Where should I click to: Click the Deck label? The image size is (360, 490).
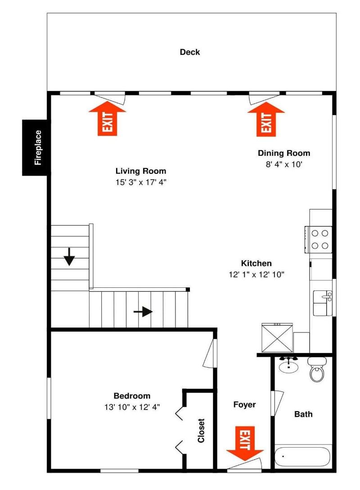coord(189,52)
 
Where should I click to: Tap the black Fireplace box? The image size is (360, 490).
coord(36,148)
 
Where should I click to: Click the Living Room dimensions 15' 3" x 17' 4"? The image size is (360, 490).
coord(141,182)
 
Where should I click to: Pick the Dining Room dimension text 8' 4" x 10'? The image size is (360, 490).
coord(284,164)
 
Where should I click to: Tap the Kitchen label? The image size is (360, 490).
coord(256,263)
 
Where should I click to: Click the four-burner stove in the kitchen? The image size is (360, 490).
coord(319,240)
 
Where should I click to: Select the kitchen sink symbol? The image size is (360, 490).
coord(323,303)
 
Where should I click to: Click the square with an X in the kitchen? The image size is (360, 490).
coord(277,338)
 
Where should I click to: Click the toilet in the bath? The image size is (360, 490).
coord(317,370)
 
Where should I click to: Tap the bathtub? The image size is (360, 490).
coord(302,457)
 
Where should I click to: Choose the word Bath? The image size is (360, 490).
coord(303,414)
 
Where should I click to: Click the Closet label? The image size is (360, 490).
coord(201,431)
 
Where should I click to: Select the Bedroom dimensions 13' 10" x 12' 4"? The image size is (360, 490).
coord(132,407)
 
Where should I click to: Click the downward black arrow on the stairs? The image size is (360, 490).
coord(69,257)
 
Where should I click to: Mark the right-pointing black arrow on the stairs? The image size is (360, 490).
coord(143,312)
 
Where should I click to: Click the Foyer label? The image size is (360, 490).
coord(244,405)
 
